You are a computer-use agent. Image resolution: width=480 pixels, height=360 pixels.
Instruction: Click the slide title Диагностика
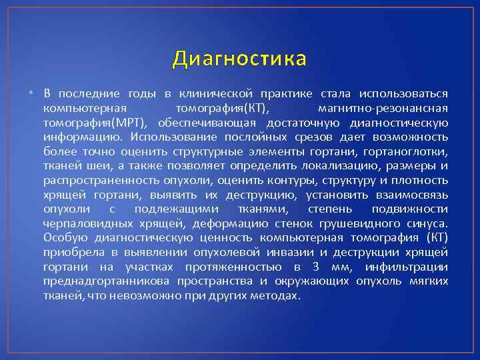239,59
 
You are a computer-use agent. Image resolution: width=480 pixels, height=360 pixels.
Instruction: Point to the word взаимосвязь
412,195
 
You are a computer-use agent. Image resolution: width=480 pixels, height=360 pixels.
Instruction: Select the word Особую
62,239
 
